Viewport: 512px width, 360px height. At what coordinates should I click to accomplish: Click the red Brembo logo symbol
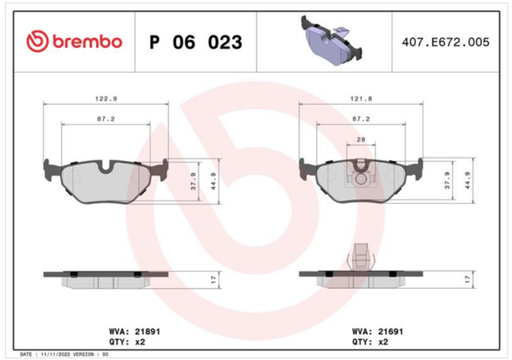pyautogui.click(x=38, y=42)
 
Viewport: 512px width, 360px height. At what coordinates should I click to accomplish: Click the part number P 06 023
pyautogui.click(x=195, y=42)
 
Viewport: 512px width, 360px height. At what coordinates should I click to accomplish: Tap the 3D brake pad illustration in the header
pyautogui.click(x=330, y=40)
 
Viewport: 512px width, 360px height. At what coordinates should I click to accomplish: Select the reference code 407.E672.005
pyautogui.click(x=446, y=42)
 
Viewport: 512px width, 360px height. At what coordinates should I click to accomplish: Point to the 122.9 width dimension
pyautogui.click(x=106, y=98)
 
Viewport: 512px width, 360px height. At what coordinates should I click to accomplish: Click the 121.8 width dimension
pyautogui.click(x=361, y=98)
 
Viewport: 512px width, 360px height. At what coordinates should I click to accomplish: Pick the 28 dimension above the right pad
pyautogui.click(x=361, y=139)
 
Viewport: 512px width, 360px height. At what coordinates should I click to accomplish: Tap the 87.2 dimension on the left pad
pyautogui.click(x=106, y=119)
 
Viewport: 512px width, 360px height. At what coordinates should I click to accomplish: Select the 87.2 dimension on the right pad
pyautogui.click(x=361, y=119)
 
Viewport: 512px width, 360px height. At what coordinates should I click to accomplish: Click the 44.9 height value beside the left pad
pyautogui.click(x=214, y=182)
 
